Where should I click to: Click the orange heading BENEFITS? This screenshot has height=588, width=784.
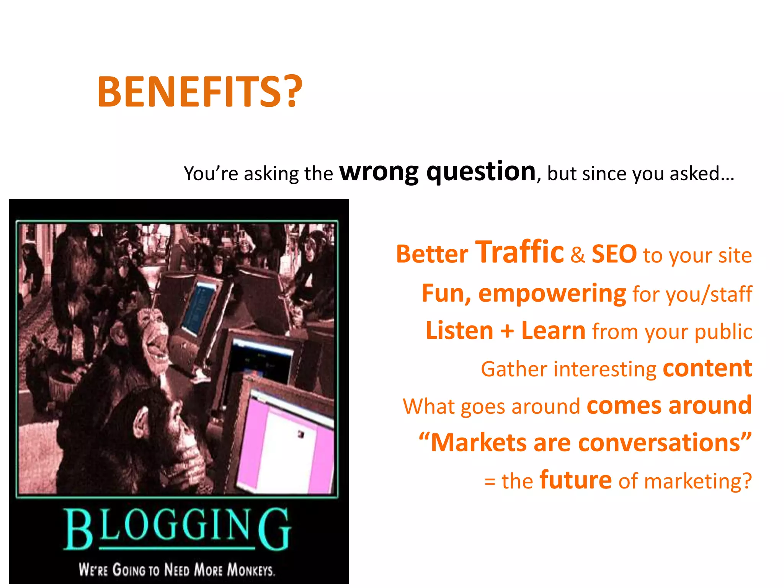click(200, 92)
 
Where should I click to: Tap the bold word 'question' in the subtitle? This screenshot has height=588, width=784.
click(481, 172)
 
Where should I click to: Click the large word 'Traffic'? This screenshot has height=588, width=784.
click(519, 252)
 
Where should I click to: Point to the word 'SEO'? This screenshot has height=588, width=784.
click(614, 254)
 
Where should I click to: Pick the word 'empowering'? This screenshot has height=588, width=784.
click(552, 294)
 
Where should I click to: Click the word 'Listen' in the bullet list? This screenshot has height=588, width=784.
click(459, 331)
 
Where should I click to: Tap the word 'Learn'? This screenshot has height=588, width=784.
click(553, 331)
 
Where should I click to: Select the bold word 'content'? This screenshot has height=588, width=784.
click(707, 368)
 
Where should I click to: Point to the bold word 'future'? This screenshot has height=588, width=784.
click(575, 480)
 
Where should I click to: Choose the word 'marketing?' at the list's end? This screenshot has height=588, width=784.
click(698, 482)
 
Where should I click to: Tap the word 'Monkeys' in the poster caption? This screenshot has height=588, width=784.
click(251, 570)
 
